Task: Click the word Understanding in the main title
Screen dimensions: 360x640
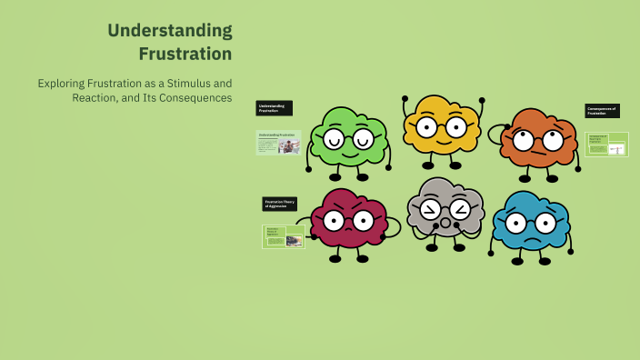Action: (169, 31)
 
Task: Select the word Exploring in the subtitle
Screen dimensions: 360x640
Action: (62, 83)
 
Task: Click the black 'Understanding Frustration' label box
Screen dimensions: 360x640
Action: (274, 108)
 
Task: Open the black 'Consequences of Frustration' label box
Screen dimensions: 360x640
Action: (602, 111)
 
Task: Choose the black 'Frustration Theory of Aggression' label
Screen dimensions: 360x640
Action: (280, 204)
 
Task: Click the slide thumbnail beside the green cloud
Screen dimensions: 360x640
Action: (278, 142)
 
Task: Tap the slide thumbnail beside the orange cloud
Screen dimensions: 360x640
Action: (606, 144)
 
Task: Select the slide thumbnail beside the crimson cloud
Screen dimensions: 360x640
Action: (283, 236)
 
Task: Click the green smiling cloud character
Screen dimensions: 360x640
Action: (349, 139)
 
